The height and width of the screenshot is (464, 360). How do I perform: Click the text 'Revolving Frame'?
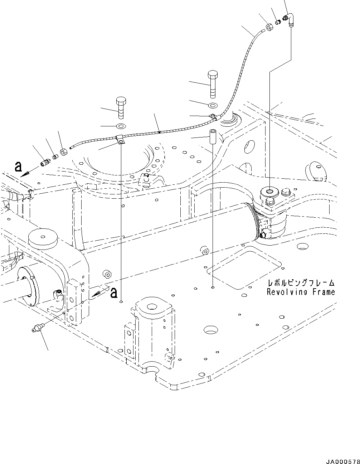[x=301, y=292]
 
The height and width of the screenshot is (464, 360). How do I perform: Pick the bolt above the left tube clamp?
[x=120, y=107]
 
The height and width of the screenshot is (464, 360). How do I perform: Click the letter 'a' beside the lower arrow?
[x=114, y=293]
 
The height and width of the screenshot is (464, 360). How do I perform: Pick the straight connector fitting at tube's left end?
[x=45, y=162]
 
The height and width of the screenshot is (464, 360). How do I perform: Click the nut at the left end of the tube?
[x=64, y=152]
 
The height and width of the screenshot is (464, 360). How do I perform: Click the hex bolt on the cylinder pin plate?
[x=287, y=193]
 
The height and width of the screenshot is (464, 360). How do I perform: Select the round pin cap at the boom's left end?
[x=43, y=238]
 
